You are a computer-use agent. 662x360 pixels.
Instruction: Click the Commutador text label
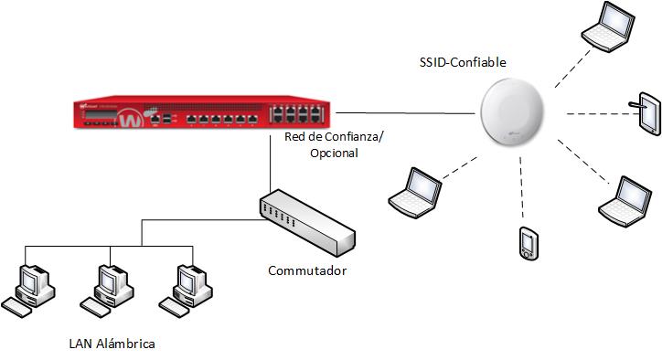click(307, 270)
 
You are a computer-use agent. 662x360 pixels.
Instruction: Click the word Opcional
click(334, 154)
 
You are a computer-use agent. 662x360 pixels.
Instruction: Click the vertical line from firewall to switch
click(271, 164)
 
